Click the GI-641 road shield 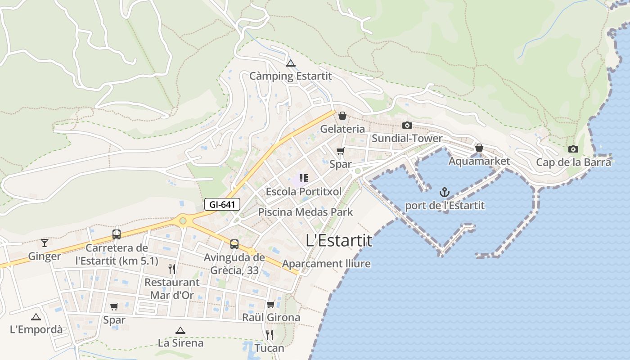222,204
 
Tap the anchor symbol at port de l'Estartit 445,193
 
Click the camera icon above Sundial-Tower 407,125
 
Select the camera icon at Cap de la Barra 573,149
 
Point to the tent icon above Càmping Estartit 290,63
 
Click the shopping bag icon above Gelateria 342,116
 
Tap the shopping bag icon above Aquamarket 479,148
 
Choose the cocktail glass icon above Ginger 44,243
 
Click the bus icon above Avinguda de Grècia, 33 234,244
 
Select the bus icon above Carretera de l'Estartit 117,234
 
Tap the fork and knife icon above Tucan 270,334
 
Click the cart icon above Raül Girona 270,305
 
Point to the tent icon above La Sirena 180,330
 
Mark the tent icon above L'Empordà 36,317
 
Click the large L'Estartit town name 339,241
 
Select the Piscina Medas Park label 306,212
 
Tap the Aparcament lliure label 326,264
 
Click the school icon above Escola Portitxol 303,178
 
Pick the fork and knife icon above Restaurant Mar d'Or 171,269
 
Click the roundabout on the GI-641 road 183,220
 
